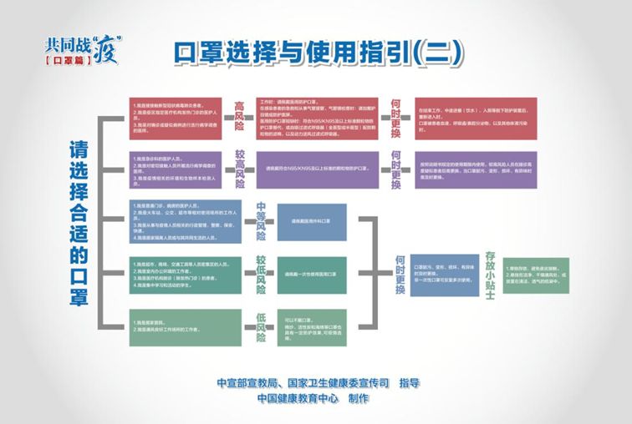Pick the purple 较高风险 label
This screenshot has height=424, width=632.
click(239, 169)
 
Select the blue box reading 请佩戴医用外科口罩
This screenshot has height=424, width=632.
click(310, 221)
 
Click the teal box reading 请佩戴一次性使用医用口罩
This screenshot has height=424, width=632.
click(310, 273)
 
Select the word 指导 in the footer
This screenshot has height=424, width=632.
click(410, 383)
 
